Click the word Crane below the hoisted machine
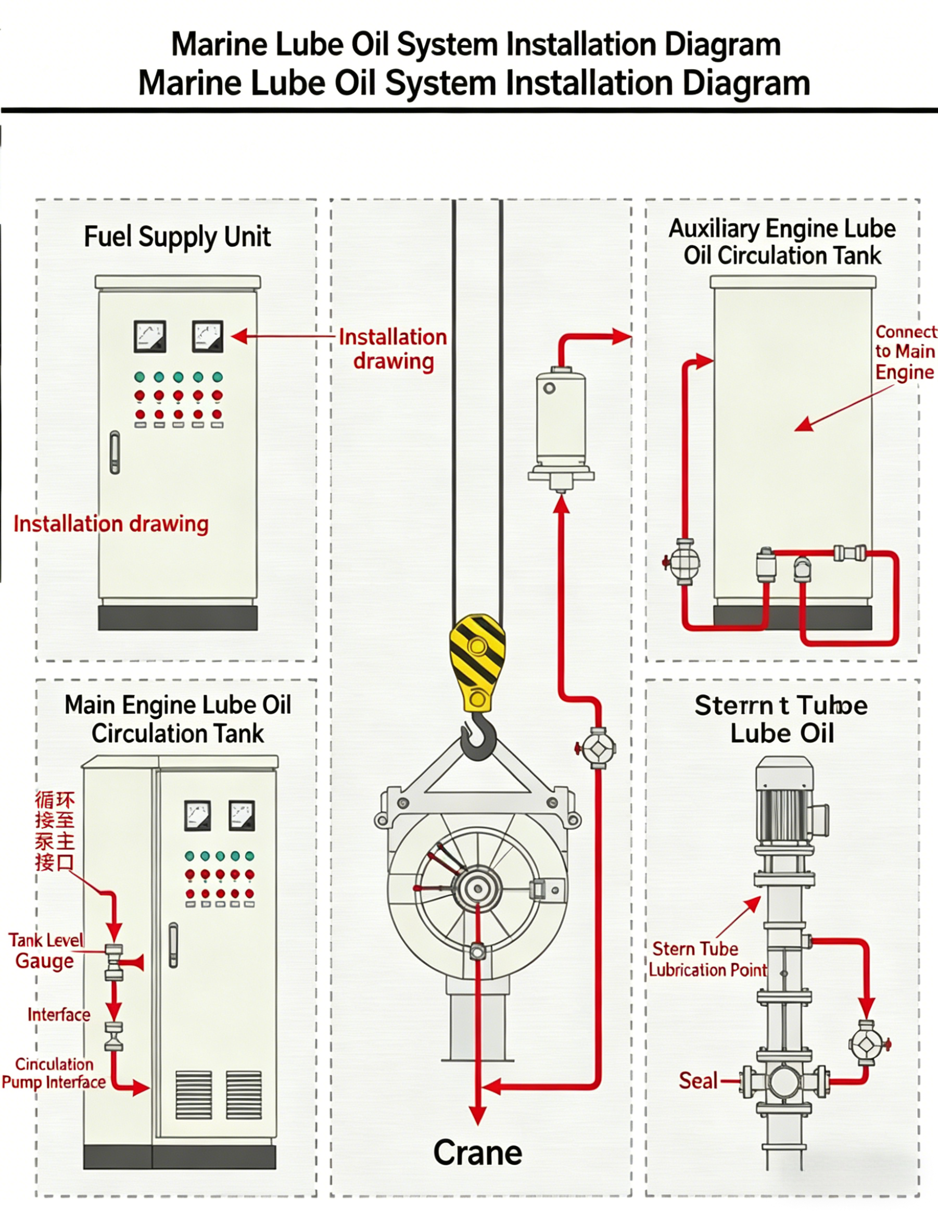pos(477,1153)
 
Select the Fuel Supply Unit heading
pos(177,237)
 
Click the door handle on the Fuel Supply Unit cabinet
pos(115,452)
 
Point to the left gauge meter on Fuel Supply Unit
pos(150,336)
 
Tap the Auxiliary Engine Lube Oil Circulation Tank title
pos(782,242)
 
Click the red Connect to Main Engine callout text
pos(905,352)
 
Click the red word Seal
pos(698,1080)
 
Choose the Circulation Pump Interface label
pos(53,1073)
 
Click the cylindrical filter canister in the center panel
pos(561,421)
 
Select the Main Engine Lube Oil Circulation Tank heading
pos(178,719)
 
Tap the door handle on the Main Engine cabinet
pos(173,945)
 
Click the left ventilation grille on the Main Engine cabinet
pos(194,1094)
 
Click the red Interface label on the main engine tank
pos(59,1015)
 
